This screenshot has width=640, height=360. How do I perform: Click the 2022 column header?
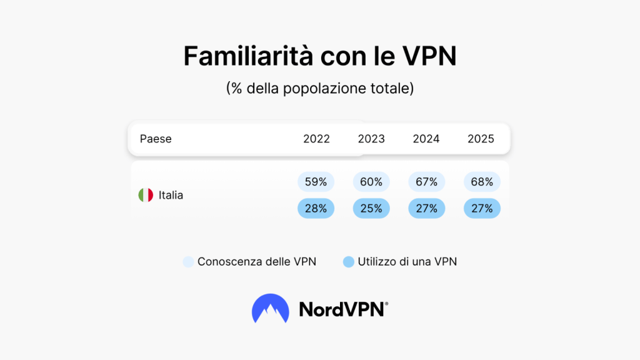pos(316,139)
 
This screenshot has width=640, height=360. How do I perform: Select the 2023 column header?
pos(371,139)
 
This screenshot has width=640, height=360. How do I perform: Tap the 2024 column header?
pos(426,139)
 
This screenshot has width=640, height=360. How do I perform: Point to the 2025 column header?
pos(481,139)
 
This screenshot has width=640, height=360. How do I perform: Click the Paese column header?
pos(156,139)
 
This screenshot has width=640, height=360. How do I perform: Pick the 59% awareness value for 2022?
pos(316,182)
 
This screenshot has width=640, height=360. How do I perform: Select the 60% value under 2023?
pos(371,182)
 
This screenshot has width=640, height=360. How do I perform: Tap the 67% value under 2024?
pos(426,182)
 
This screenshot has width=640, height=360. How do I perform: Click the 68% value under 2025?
pos(481,182)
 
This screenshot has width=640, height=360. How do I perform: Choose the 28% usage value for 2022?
pos(316,209)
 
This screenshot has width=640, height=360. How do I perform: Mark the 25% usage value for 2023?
pos(371,209)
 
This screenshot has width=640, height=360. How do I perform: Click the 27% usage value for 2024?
pos(426,209)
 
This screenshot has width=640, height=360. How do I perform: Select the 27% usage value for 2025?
pos(481,209)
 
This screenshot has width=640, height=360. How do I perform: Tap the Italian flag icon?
pos(146,195)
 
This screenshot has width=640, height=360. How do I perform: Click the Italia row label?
pos(171,195)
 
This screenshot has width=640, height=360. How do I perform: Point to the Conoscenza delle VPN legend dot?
pos(189,262)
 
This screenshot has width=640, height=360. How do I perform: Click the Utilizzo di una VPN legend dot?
pos(349,262)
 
